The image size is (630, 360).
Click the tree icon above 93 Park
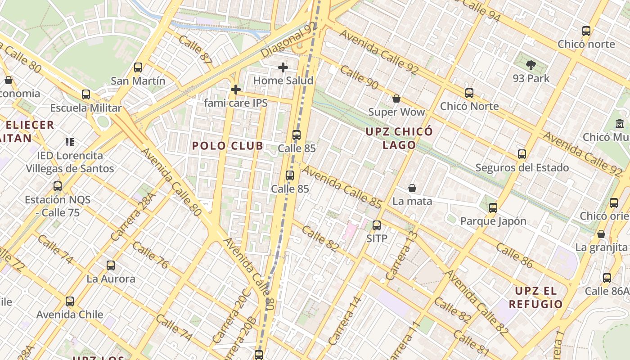[x=531, y=65]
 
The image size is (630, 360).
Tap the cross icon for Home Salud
[x=283, y=67]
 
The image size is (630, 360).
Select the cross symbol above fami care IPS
[x=235, y=90]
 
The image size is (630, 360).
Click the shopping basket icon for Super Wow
[x=396, y=98]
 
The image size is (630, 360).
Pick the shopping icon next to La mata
[x=412, y=188]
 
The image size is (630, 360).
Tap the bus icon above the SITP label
[x=377, y=225]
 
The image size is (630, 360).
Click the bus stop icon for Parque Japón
[x=493, y=208]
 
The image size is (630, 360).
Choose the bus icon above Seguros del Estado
[x=522, y=154]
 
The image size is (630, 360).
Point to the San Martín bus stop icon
[x=138, y=67]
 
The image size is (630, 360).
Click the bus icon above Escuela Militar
[x=86, y=94]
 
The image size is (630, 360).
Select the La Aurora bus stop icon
[x=111, y=265]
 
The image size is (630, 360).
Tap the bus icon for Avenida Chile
[x=70, y=301]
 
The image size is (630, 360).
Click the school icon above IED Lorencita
[x=70, y=142]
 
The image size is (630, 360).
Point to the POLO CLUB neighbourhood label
[x=228, y=146]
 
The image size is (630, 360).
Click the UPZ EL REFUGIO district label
[x=535, y=297]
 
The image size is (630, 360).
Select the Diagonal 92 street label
[x=288, y=41]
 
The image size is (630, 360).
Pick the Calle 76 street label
[x=150, y=255]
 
